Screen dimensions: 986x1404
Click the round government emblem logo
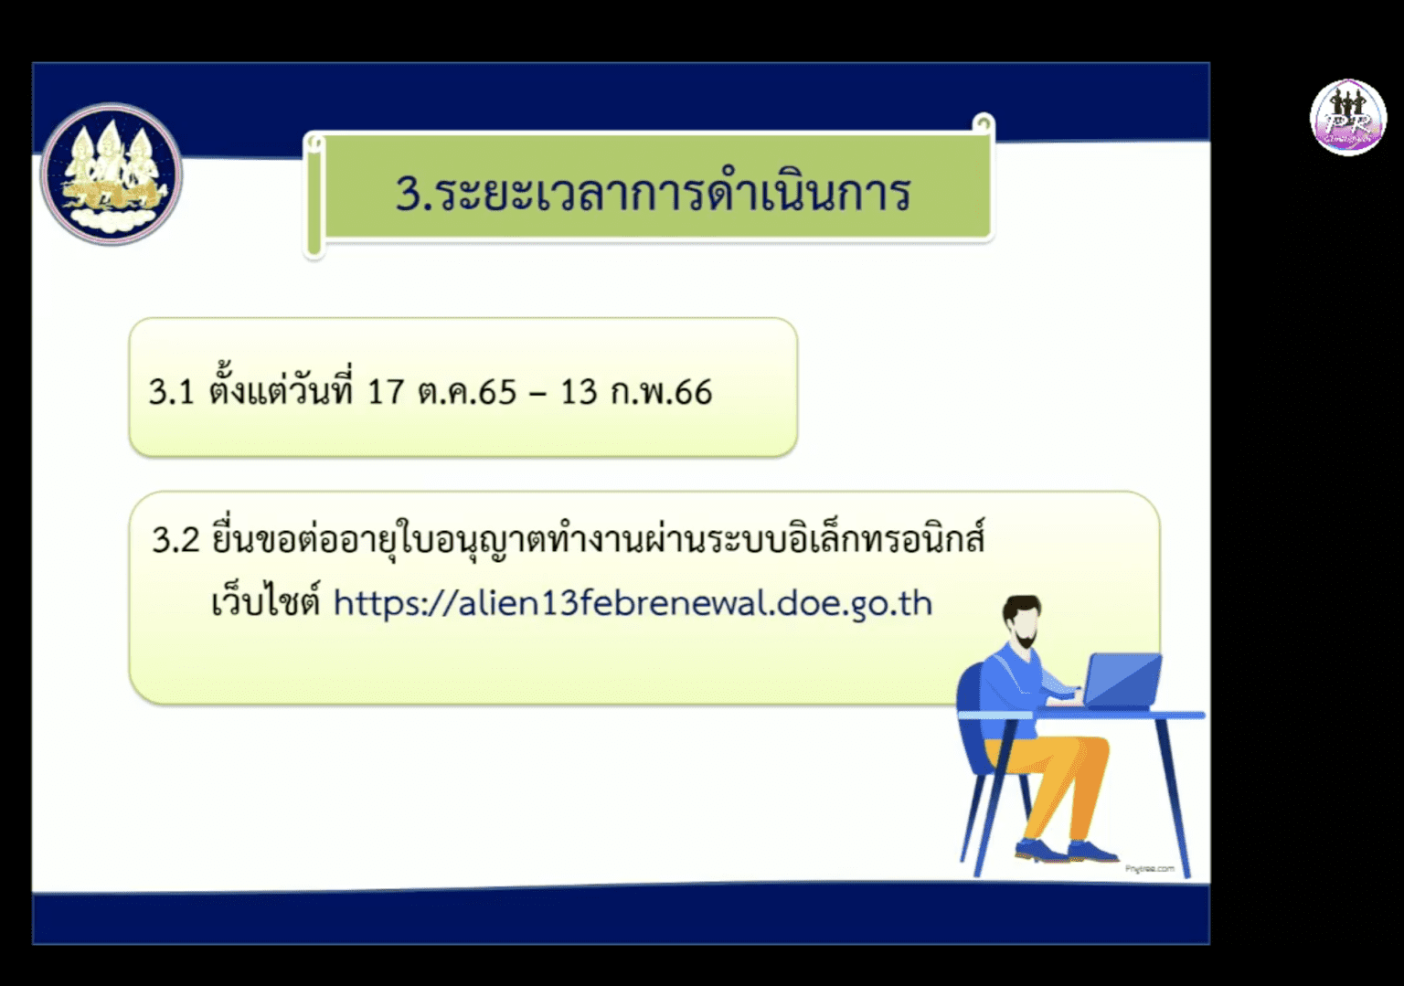pyautogui.click(x=112, y=174)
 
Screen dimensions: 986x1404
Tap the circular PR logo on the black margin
pyautogui.click(x=1347, y=117)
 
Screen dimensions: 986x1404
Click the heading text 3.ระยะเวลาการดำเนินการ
pyautogui.click(x=653, y=192)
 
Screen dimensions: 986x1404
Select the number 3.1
pyautogui.click(x=172, y=392)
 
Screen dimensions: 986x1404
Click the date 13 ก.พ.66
pyautogui.click(x=636, y=392)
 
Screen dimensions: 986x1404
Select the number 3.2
pyautogui.click(x=175, y=539)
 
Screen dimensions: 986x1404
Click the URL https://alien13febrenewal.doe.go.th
pyautogui.click(x=633, y=603)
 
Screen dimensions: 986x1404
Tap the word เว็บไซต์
pyautogui.click(x=265, y=603)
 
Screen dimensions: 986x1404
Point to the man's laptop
pyautogui.click(x=1122, y=681)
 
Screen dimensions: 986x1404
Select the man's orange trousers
pyautogui.click(x=1060, y=777)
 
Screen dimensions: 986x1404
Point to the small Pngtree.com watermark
pyautogui.click(x=1149, y=868)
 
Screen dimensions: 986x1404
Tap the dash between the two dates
pyautogui.click(x=538, y=394)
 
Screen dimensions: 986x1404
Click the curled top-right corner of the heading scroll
pyautogui.click(x=983, y=123)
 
